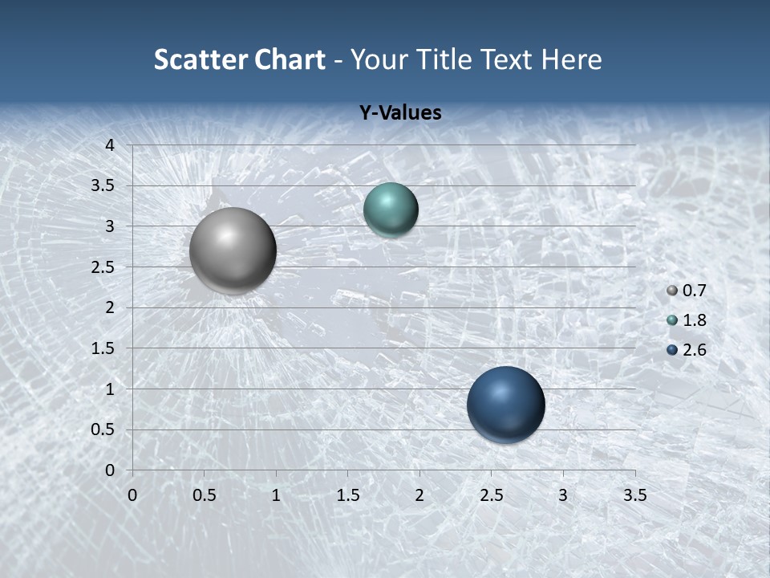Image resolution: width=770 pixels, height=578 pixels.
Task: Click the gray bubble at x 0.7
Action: pyautogui.click(x=233, y=250)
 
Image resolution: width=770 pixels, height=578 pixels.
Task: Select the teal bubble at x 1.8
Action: pyautogui.click(x=391, y=210)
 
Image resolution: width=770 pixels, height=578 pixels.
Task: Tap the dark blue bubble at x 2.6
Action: pyautogui.click(x=505, y=405)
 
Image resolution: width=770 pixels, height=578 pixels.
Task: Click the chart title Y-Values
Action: pyautogui.click(x=399, y=113)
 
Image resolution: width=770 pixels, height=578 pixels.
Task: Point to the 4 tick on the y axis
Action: pyautogui.click(x=111, y=145)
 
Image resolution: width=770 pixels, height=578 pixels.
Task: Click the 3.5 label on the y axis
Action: pyautogui.click(x=104, y=186)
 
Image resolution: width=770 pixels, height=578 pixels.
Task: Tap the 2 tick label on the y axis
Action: pyautogui.click(x=111, y=307)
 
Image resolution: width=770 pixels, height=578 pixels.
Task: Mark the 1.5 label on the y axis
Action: pyautogui.click(x=104, y=348)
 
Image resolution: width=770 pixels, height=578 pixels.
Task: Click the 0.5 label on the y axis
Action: pyautogui.click(x=104, y=429)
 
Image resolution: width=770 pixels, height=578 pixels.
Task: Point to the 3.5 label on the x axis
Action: pyautogui.click(x=634, y=496)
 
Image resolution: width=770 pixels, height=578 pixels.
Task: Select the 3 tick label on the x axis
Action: pyautogui.click(x=562, y=496)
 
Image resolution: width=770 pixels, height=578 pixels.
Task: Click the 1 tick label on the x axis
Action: pyautogui.click(x=276, y=496)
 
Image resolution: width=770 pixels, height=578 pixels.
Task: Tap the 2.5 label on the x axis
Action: pyautogui.click(x=491, y=496)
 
